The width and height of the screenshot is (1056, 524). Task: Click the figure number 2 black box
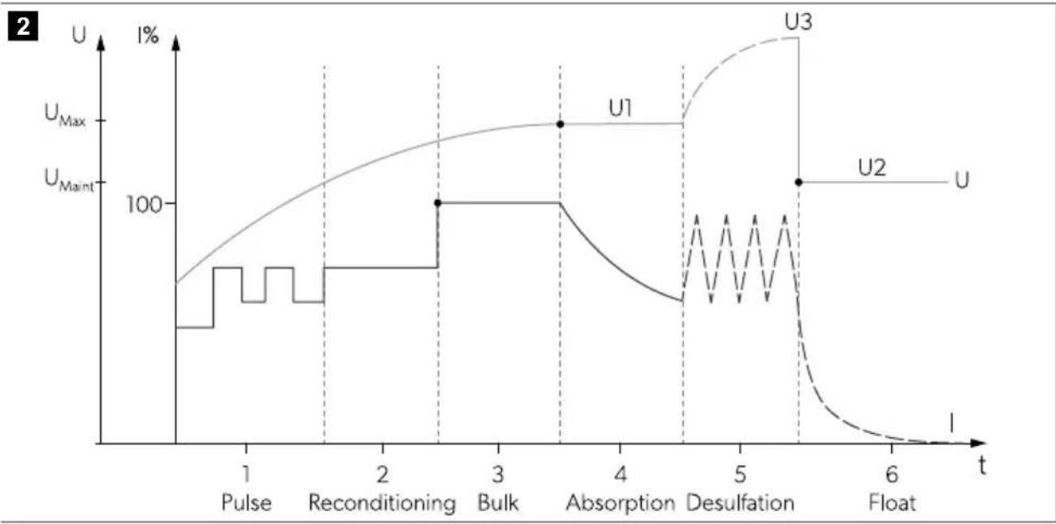click(x=23, y=26)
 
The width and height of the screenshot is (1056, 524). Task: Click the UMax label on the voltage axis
click(x=65, y=115)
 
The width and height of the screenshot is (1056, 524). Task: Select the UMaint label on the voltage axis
click(x=69, y=180)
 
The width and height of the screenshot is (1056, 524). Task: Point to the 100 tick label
click(x=144, y=206)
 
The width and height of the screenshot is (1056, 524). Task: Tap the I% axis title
click(x=148, y=36)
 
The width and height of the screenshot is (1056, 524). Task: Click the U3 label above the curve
click(x=798, y=22)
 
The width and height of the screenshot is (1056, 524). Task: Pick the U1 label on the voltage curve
click(x=621, y=109)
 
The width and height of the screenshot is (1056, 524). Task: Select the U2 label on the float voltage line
click(x=872, y=167)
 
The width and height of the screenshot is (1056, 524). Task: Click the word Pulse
click(x=247, y=503)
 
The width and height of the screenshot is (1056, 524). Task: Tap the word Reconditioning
click(x=383, y=504)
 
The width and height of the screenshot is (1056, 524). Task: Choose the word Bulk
click(x=498, y=503)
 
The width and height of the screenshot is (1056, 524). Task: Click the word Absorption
click(x=621, y=504)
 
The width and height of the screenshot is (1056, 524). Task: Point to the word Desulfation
click(x=740, y=503)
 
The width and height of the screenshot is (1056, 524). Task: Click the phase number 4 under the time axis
click(x=621, y=474)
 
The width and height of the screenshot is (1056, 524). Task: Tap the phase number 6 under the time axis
click(x=892, y=474)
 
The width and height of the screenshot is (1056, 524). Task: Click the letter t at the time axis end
click(x=982, y=466)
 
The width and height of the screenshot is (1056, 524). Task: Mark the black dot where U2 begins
click(x=798, y=182)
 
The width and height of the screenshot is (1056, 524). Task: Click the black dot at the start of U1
click(x=560, y=124)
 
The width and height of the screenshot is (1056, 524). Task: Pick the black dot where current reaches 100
click(x=438, y=203)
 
